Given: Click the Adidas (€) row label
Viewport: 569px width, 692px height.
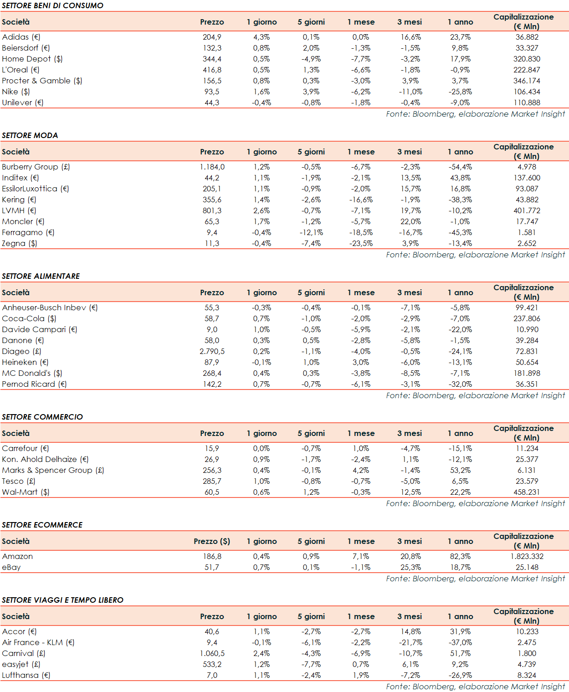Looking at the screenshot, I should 21,37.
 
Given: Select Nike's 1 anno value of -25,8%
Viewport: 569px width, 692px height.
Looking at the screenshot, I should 460,92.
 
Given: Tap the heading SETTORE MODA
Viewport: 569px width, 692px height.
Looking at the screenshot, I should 30,135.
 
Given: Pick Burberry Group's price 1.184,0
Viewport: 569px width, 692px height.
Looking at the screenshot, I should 212,167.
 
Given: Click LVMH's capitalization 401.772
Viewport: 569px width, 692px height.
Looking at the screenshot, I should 527,210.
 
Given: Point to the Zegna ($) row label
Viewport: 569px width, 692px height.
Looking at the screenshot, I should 20,243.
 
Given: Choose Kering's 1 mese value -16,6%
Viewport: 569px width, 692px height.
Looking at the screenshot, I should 361,200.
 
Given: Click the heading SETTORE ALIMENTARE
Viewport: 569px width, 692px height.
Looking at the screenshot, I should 41,276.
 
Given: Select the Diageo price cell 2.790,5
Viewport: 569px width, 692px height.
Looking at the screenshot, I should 212,351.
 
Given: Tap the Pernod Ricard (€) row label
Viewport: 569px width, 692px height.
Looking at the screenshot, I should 34,384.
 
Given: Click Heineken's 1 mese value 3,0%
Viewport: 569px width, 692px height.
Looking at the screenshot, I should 361,362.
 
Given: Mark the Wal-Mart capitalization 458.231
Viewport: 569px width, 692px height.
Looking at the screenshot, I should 527,492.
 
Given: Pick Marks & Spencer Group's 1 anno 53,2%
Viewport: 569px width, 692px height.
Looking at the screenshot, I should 460,470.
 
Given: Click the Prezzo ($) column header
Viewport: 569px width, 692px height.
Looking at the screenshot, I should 212,541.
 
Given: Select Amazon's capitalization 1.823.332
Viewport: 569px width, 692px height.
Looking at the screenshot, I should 527,556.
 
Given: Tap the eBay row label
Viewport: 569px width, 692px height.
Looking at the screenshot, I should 11,567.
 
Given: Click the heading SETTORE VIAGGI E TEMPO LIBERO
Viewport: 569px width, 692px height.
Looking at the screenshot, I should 63,600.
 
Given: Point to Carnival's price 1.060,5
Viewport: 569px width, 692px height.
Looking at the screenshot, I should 212,653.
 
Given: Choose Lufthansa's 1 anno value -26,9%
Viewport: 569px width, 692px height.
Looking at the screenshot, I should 460,675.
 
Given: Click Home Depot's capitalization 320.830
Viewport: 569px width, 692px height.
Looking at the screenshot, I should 527,59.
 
